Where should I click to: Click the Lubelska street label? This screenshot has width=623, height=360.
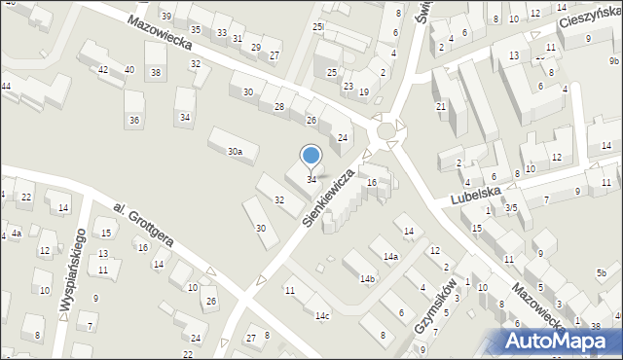474,195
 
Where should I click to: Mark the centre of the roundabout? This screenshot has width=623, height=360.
386,130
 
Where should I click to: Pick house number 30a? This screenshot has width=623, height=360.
235,152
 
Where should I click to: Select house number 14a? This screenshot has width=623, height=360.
390,256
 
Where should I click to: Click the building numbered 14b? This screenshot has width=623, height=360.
367,278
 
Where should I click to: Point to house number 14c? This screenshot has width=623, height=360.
321,315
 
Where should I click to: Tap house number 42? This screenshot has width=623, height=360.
103,69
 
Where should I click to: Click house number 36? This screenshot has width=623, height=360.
134,120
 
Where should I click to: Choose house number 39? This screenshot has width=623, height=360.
166,17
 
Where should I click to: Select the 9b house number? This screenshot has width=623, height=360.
614,60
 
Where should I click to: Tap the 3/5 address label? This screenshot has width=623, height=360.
510,207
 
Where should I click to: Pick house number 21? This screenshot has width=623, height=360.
440,106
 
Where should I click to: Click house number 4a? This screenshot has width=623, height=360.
16,234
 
